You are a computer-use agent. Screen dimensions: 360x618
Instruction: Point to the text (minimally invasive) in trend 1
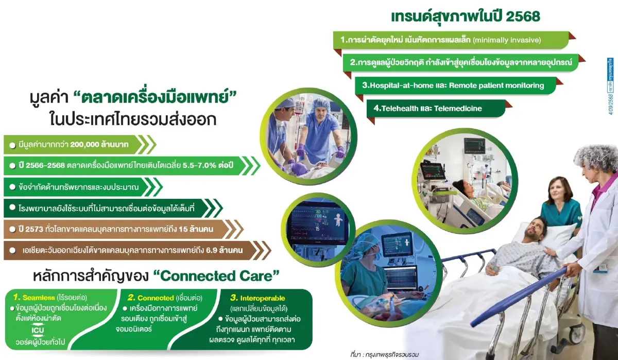point(506,39)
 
